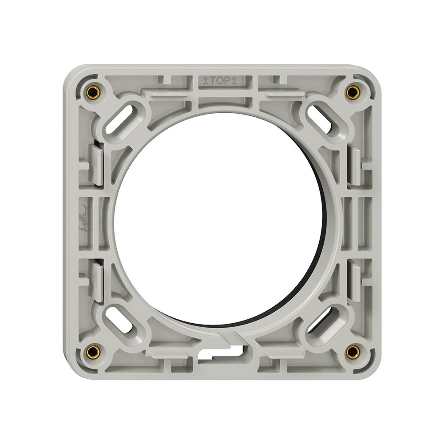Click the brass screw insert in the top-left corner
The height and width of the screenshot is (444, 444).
(92, 92)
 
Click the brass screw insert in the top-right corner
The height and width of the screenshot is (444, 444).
(352, 92)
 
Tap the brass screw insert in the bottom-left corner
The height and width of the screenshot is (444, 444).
(92, 352)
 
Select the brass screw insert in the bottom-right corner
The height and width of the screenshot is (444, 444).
(352, 352)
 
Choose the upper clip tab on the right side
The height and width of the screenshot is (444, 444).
(355, 165)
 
